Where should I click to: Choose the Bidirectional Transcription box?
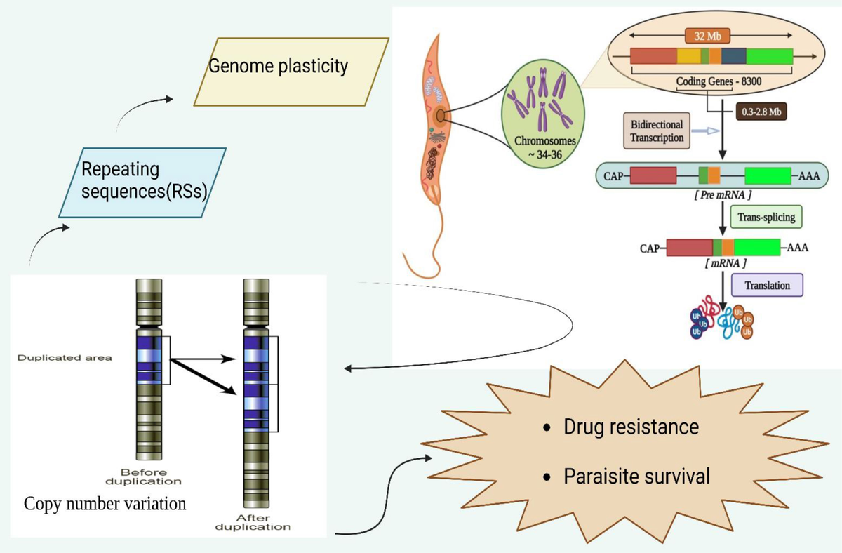657,131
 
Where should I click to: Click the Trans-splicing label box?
766,217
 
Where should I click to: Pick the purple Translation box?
767,286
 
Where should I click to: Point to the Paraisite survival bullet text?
636,477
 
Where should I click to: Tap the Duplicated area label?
65,358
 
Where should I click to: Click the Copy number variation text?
105,504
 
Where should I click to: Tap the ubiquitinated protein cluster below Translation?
721,320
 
